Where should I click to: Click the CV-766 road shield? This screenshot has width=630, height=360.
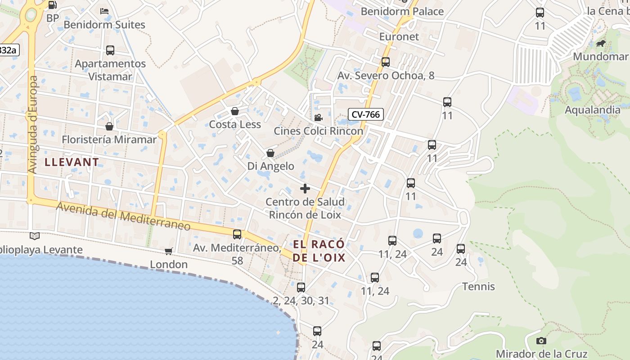coord(365,114)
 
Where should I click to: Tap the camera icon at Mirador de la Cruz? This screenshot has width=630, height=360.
coord(541,341)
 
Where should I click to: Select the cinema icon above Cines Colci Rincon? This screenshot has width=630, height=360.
coord(318,117)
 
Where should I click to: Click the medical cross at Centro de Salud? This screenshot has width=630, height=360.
coord(305,188)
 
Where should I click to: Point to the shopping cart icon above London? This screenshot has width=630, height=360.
coord(169,251)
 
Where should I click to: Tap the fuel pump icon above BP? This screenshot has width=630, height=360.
coord(52,5)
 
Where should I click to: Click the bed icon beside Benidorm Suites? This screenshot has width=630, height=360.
coord(104,11)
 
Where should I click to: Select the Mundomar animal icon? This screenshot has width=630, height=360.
coord(600,44)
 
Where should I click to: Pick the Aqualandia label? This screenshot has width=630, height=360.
coord(592,110)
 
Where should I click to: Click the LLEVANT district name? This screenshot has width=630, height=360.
coord(72,162)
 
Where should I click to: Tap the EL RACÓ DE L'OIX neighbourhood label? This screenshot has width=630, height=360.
coord(319,251)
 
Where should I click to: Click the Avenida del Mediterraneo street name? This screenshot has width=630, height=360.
coord(123,216)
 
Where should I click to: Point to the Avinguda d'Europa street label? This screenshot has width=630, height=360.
coord(33,125)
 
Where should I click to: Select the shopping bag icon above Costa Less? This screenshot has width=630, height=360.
coord(235,111)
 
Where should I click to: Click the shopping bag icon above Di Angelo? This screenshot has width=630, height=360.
coord(270,153)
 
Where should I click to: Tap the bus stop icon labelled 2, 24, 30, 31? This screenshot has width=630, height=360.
coord(301,287)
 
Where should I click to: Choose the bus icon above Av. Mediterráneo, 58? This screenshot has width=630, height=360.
coord(237,234)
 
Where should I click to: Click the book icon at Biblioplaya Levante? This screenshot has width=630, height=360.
coord(35,236)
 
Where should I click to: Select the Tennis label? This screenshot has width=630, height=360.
coord(478,287)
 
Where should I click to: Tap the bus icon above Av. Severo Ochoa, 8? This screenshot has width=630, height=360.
coord(386,62)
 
